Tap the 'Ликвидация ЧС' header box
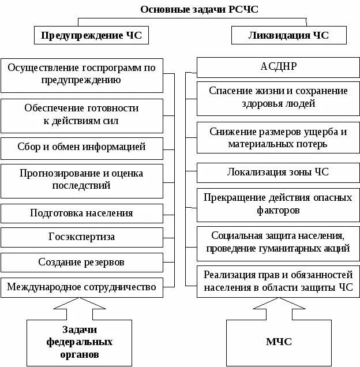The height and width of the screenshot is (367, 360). click(288, 36)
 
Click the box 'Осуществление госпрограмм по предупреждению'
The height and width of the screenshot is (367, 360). click(81, 74)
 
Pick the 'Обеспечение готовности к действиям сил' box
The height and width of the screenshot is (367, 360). click(81, 115)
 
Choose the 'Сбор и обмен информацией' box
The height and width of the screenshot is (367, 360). click(81, 147)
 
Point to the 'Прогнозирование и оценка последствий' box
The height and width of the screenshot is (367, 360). click(81, 179)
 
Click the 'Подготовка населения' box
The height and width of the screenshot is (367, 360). click(81, 212)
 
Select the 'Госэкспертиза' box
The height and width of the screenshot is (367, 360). click(81, 237)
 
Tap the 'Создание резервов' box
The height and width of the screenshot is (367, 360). click(81, 262)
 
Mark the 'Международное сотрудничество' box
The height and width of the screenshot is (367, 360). click(81, 286)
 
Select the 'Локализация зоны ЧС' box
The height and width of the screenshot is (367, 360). click(277, 172)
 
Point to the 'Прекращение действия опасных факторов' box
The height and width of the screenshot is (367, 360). click(277, 204)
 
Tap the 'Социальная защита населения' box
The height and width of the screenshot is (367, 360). click(277, 242)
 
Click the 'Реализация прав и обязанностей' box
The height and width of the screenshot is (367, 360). click(277, 281)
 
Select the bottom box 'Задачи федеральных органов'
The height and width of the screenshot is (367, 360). click(79, 342)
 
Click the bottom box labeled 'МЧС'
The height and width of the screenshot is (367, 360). click(278, 342)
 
